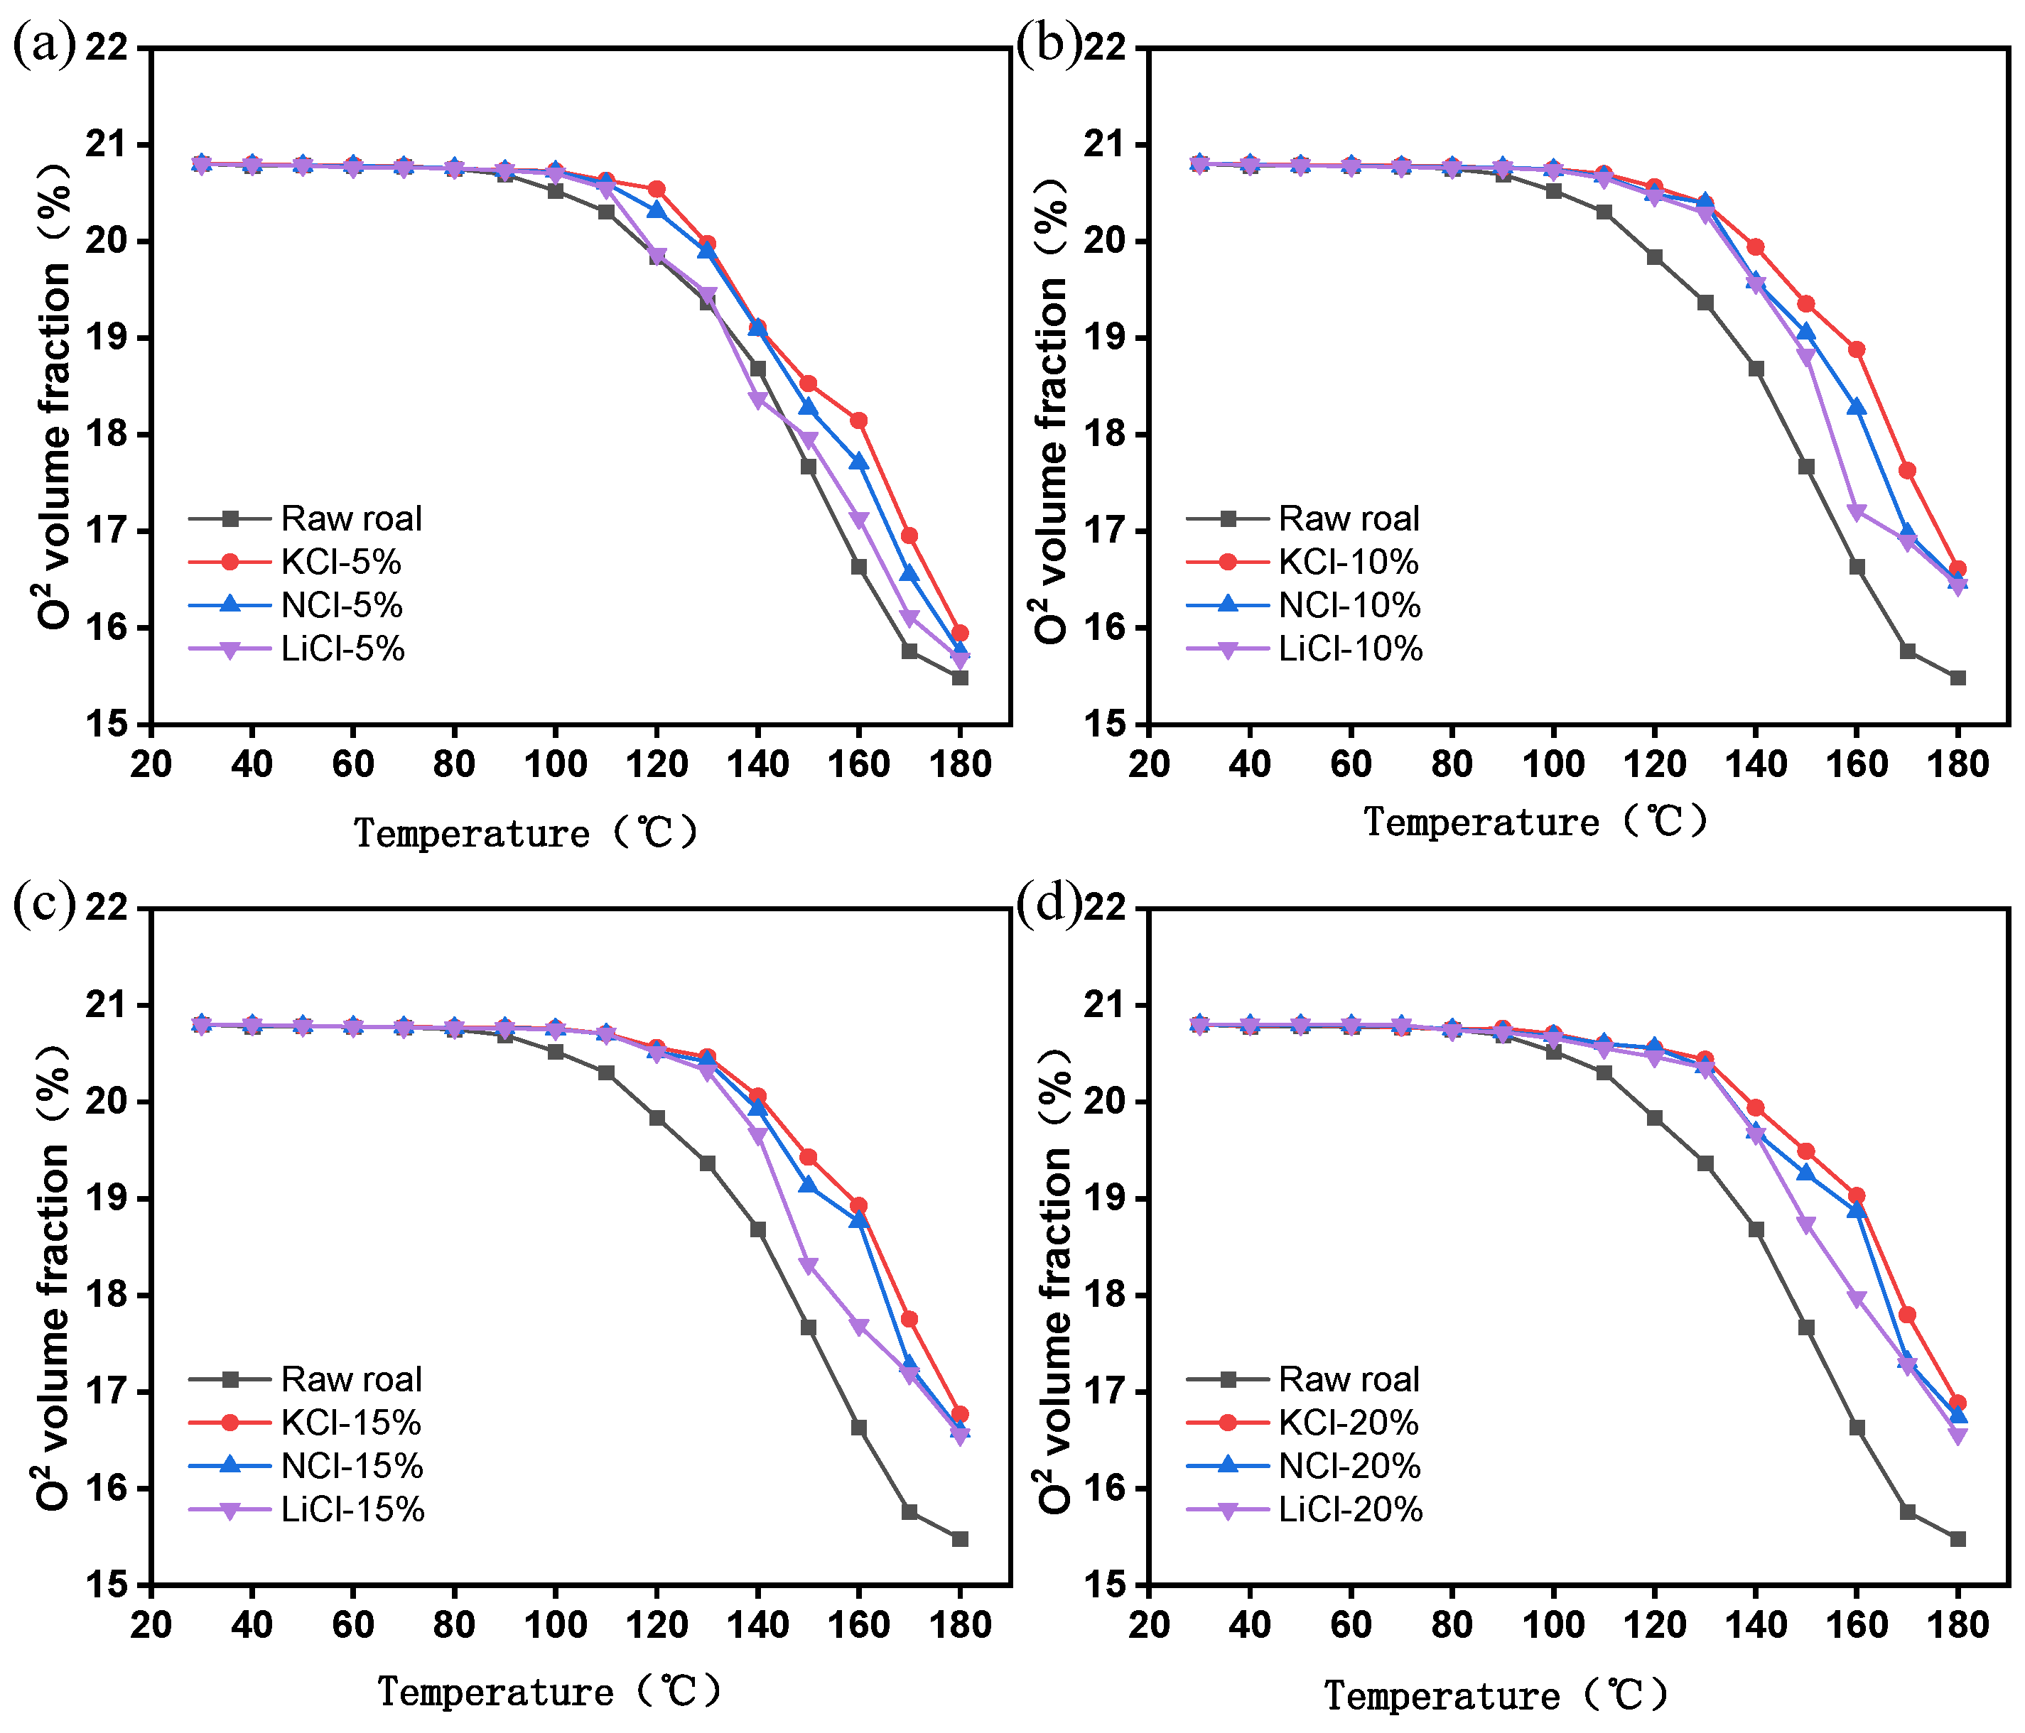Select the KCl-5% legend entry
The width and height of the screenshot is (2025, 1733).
coord(341,562)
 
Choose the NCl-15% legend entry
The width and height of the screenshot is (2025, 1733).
coord(352,1465)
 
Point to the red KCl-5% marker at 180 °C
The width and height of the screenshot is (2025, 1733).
coord(960,633)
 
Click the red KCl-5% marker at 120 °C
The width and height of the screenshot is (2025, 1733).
coord(657,188)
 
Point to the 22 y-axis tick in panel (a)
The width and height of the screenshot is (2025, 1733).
coord(109,47)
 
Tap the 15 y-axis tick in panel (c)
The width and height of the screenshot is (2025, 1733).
coord(109,1584)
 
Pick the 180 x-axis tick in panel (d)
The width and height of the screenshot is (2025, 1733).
coord(1957,1624)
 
